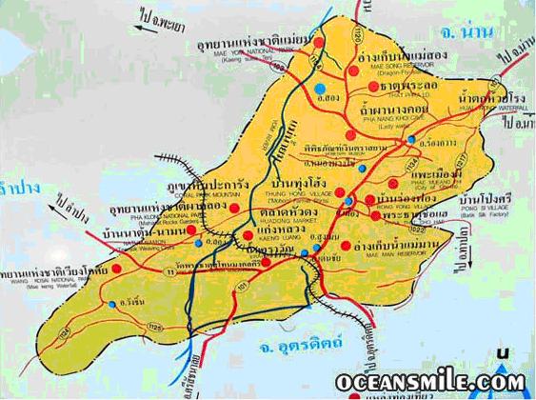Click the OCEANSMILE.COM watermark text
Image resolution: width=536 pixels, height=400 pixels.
coord(429,383)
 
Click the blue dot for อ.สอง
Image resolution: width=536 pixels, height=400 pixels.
coord(317,90)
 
